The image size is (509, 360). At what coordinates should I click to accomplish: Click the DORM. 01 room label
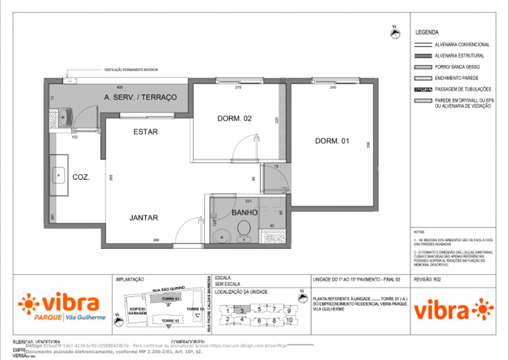click(332, 141)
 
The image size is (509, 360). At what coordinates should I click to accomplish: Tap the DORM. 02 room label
click(235, 119)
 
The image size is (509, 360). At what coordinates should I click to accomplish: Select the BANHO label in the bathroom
click(245, 212)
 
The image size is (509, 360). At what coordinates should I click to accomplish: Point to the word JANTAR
click(143, 217)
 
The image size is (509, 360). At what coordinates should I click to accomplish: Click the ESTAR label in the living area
click(145, 132)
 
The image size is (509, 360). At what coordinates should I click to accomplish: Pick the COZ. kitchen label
click(81, 177)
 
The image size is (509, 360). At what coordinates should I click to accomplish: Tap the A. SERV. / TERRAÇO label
click(141, 97)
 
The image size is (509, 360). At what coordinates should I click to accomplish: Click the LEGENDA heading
click(427, 32)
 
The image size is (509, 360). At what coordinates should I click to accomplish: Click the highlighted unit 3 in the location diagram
click(243, 310)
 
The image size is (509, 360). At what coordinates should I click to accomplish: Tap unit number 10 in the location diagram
click(289, 320)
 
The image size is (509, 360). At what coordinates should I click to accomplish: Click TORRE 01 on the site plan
click(170, 299)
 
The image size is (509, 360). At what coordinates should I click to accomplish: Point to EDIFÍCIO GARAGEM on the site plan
click(137, 311)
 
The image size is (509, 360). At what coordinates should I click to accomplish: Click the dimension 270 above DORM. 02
click(238, 88)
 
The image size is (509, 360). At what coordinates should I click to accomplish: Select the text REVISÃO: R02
click(427, 280)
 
